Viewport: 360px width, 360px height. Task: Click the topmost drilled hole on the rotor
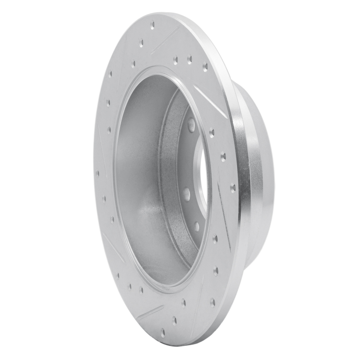(152, 25)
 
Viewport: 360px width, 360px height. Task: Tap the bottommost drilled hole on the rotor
(162, 333)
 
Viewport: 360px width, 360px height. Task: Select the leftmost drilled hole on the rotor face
(97, 173)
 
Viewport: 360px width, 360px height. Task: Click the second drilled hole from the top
(142, 44)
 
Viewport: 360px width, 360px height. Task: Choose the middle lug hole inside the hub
(186, 194)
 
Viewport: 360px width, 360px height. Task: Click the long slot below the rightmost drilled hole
(224, 216)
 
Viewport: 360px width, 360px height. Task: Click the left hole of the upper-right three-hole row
(175, 58)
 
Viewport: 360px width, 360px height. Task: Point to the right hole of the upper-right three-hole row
(205, 67)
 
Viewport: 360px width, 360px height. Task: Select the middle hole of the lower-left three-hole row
(129, 286)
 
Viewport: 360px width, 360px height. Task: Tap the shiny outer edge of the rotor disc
(241, 180)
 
